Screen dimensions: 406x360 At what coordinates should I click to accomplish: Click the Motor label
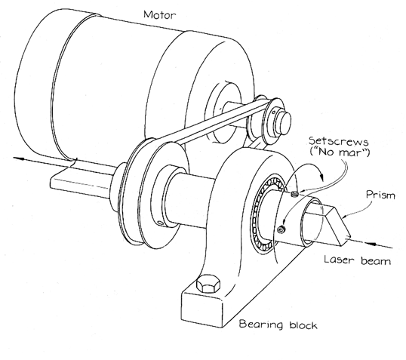pyautogui.click(x=159, y=15)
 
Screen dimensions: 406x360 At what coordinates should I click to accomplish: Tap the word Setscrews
pyautogui.click(x=338, y=141)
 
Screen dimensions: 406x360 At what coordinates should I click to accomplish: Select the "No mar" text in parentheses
pyautogui.click(x=340, y=152)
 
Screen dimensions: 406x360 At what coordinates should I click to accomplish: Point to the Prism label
pyautogui.click(x=380, y=195)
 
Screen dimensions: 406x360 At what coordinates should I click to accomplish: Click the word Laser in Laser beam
pyautogui.click(x=339, y=260)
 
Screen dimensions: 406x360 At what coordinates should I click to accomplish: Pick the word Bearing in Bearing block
pyautogui.click(x=261, y=325)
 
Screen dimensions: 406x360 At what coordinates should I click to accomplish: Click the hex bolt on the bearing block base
pyautogui.click(x=208, y=284)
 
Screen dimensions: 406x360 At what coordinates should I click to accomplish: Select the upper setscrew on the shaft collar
pyautogui.click(x=294, y=194)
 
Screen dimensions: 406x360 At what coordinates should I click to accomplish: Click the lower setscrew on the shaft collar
pyautogui.click(x=281, y=229)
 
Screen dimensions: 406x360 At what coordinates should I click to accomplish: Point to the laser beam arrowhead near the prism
pyautogui.click(x=371, y=244)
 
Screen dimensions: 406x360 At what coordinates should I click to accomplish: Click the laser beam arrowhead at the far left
pyautogui.click(x=18, y=158)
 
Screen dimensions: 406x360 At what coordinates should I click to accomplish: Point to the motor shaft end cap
pyautogui.click(x=284, y=122)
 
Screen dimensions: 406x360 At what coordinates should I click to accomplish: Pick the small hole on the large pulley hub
pyautogui.click(x=160, y=223)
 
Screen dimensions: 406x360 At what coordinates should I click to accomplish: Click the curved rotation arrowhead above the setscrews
pyautogui.click(x=321, y=177)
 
